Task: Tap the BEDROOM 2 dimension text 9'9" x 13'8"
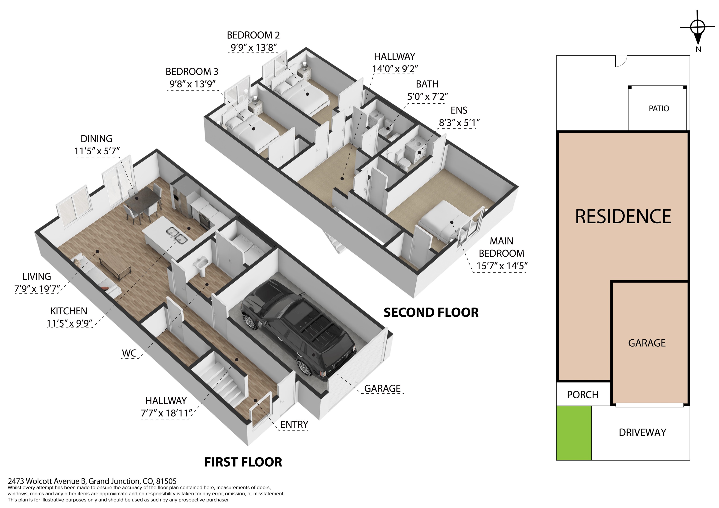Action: click(x=254, y=47)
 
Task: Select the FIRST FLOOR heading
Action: click(x=243, y=462)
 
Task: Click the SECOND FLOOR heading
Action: click(x=431, y=312)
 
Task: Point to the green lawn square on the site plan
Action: click(x=574, y=433)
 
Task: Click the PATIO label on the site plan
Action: click(x=659, y=109)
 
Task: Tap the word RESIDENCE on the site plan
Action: click(x=623, y=216)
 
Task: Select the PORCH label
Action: click(x=583, y=395)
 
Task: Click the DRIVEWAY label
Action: click(x=642, y=432)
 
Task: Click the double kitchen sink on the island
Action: click(x=177, y=235)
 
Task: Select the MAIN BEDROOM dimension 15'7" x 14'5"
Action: click(x=502, y=266)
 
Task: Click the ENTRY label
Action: click(x=294, y=425)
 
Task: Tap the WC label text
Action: click(x=129, y=353)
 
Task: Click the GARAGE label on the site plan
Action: click(x=647, y=343)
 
